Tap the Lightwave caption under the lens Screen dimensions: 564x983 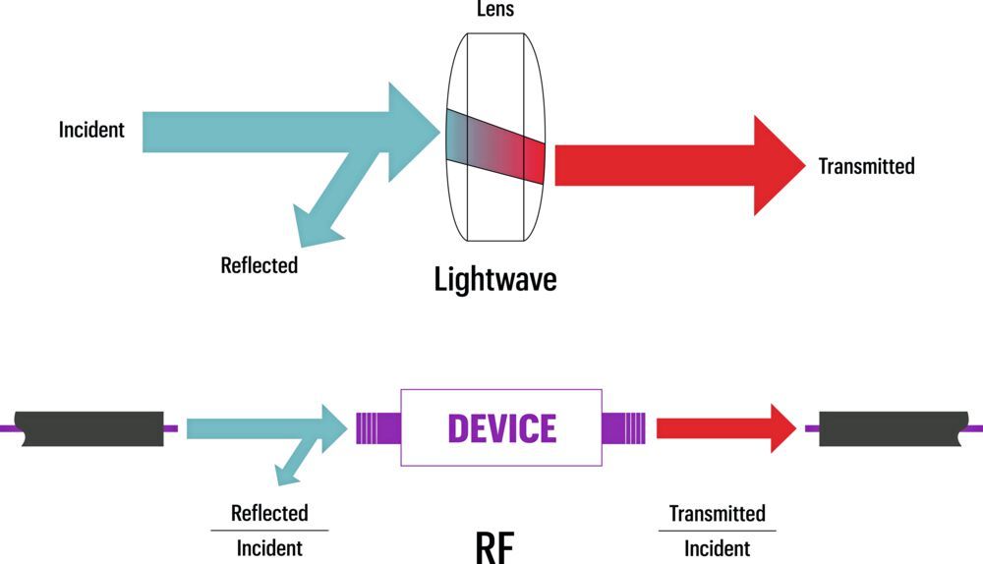click(x=495, y=279)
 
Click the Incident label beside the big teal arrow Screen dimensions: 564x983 click(x=91, y=130)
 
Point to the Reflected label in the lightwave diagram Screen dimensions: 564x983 click(x=259, y=264)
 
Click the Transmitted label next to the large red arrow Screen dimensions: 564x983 click(x=866, y=165)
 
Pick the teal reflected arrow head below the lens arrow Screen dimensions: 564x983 click(x=316, y=225)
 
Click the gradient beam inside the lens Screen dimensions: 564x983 click(x=494, y=144)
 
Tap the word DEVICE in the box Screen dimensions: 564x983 click(x=501, y=428)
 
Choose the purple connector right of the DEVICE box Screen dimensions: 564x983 click(x=623, y=428)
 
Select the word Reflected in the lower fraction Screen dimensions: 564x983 click(x=269, y=513)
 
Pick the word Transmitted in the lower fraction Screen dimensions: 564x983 click(x=717, y=513)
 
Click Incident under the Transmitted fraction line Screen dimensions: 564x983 click(x=717, y=548)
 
